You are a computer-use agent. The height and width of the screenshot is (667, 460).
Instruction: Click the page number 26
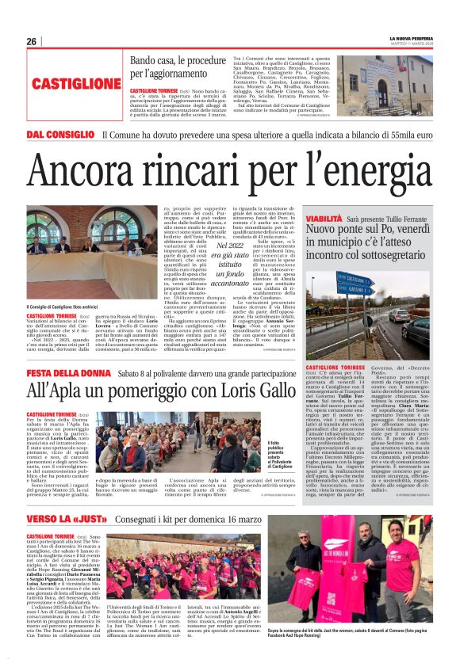tap(31, 41)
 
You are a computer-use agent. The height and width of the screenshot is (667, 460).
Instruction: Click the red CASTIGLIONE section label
tap(78, 82)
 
